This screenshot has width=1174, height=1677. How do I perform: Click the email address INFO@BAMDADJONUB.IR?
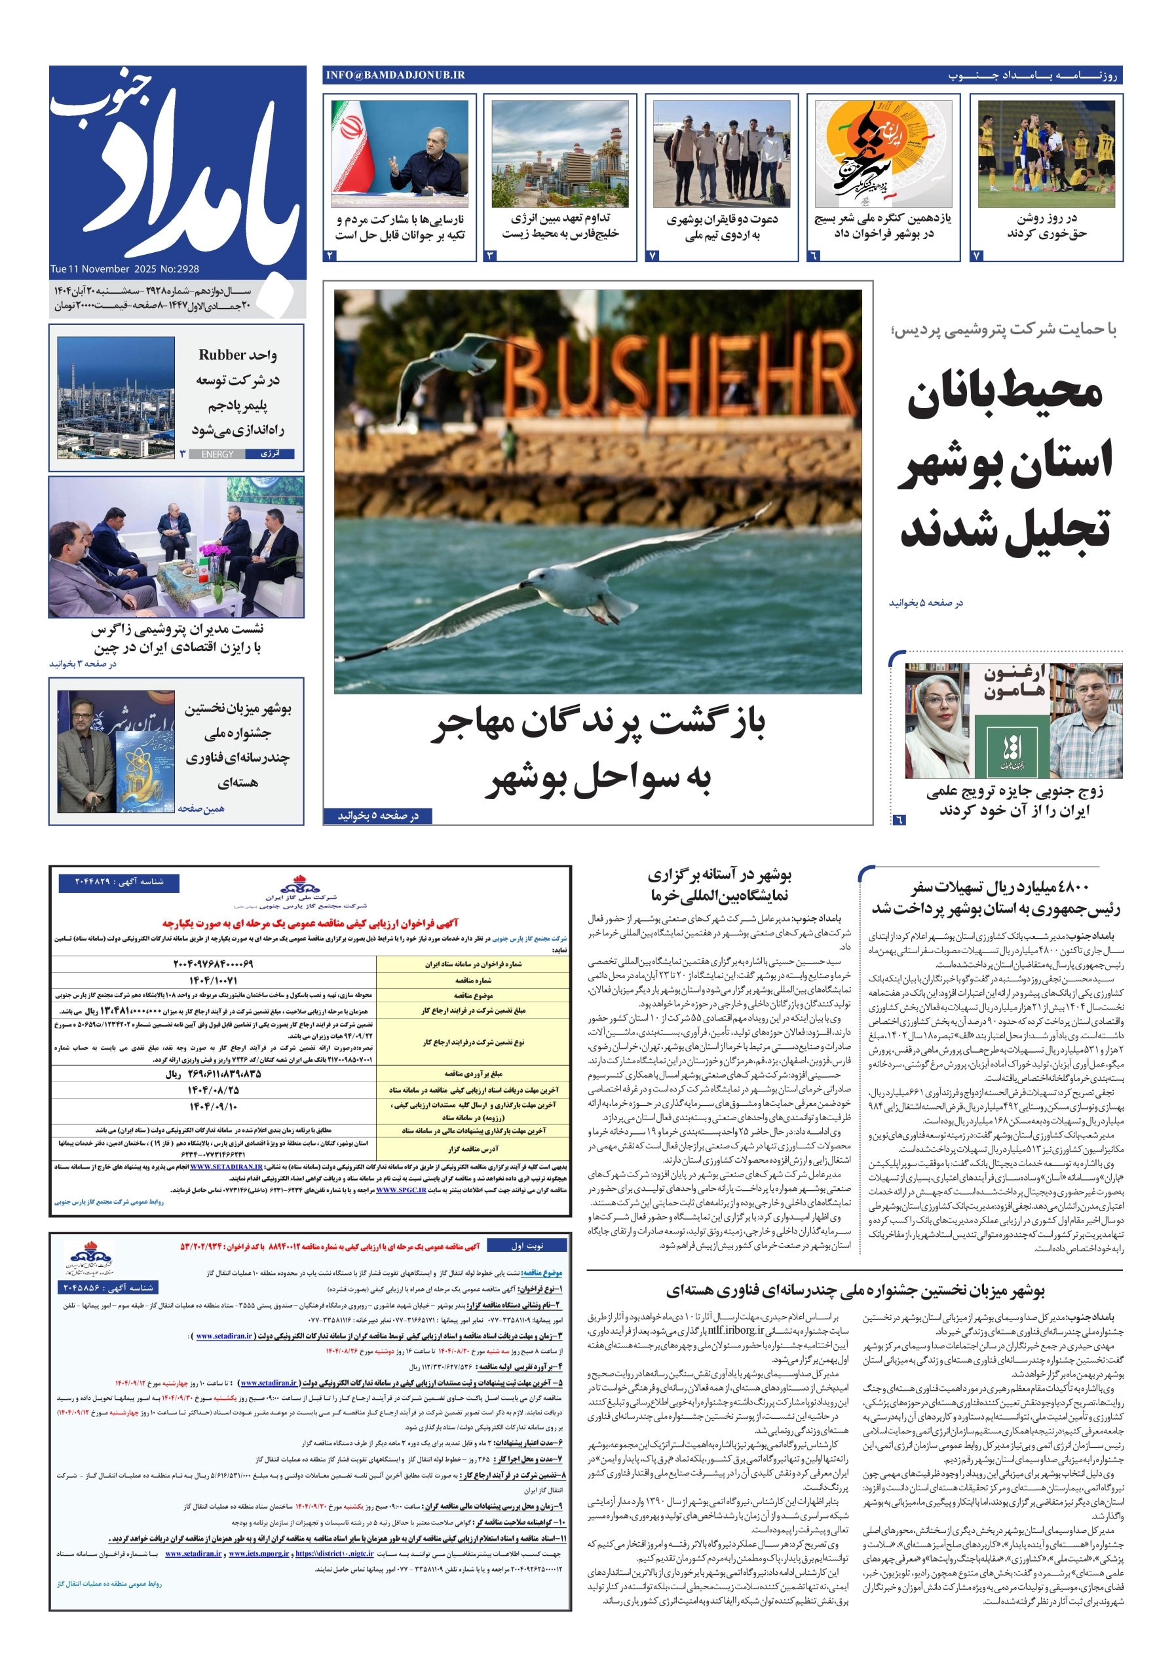(395, 75)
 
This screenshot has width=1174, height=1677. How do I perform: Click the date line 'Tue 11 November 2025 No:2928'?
(125, 269)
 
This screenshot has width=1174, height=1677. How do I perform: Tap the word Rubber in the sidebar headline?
(222, 355)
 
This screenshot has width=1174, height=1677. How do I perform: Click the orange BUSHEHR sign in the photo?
(675, 381)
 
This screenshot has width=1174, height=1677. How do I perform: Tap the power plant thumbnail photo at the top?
(559, 154)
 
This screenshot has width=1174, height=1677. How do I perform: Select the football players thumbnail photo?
(1046, 154)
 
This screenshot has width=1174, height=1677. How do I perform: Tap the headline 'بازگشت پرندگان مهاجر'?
(597, 724)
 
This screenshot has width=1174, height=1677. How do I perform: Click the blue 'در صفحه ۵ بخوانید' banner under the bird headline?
(378, 816)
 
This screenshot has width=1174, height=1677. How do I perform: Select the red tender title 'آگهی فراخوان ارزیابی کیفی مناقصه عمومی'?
(311, 923)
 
